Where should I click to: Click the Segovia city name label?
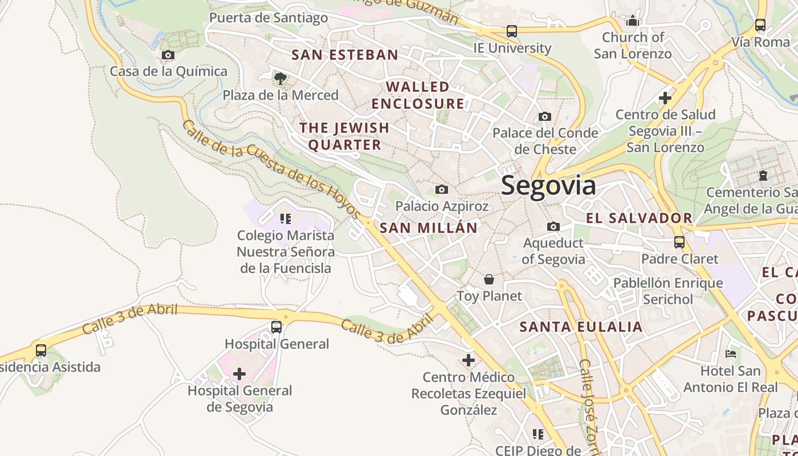pos(548,186)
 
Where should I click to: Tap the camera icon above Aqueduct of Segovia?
pos(553,227)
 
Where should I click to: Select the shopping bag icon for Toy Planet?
pos(489,279)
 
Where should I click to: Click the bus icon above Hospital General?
pos(276,327)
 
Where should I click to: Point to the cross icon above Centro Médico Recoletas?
pos(469,360)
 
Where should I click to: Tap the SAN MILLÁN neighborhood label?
pos(429,228)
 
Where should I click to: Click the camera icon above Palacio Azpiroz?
pos(442,189)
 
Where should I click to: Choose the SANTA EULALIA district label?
pos(581,327)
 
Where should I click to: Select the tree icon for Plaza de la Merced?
pos(280,79)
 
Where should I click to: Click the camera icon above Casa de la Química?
pos(168,55)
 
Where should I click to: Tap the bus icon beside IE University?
pos(512,31)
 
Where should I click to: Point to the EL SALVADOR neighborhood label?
pos(639,218)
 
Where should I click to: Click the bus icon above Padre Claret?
pos(679,242)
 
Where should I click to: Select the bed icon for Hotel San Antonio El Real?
pos(731,354)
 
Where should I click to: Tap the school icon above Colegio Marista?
pos(286,219)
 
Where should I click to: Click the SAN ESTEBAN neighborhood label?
pos(345,55)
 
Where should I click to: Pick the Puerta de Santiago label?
pos(268,18)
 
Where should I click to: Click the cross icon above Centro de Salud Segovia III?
pos(665,98)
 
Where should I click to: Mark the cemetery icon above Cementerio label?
pos(763,176)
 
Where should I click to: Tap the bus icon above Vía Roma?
pos(760,25)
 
